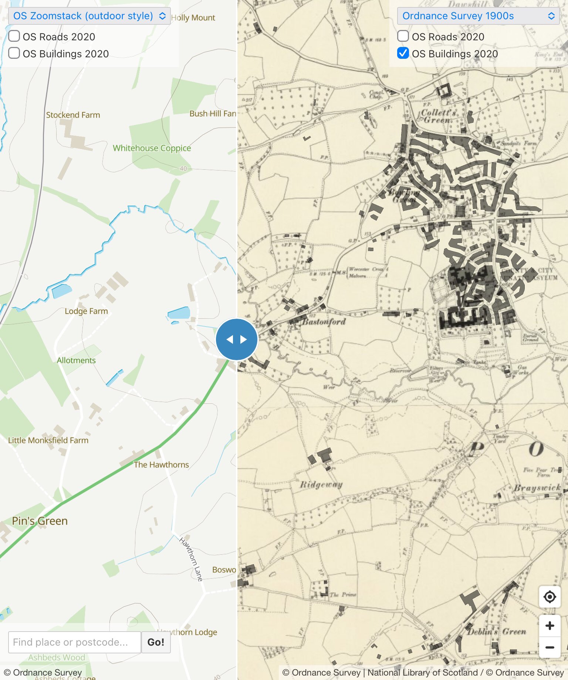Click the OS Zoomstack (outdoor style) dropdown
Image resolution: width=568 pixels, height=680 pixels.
pos(89,16)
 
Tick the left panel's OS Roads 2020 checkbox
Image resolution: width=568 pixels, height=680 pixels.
pos(14,36)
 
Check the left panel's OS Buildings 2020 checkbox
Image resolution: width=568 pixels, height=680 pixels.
pos(14,53)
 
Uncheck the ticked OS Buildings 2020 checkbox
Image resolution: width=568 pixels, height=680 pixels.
pos(403,53)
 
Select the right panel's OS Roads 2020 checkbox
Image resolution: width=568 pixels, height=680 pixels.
pos(403,36)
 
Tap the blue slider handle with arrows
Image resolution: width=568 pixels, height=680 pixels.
pos(237,339)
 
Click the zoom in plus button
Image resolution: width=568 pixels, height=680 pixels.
pos(550,626)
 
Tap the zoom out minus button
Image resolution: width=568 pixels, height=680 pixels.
pos(550,647)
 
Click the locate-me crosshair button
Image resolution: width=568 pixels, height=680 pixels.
pos(550,597)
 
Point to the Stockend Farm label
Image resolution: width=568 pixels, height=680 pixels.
pos(73,115)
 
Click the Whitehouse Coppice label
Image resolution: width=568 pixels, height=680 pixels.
pos(152,148)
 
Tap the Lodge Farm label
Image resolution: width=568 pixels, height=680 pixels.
pos(86,311)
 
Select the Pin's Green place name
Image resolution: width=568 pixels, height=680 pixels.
pos(40,521)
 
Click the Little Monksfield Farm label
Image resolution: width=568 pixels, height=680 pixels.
pos(48,440)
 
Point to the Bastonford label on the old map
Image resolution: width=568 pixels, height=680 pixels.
pos(324,322)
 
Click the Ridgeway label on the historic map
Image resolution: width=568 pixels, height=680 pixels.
pos(321,484)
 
